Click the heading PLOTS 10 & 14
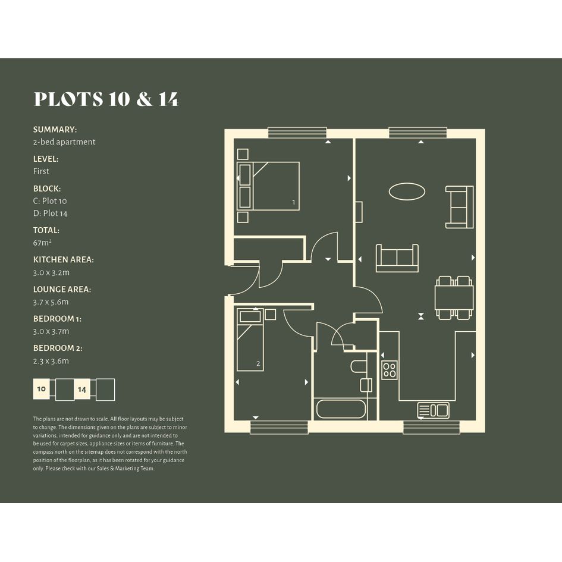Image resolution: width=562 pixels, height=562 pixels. (106, 99)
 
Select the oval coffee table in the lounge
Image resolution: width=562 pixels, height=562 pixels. (407, 191)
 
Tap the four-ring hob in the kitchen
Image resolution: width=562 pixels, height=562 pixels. (390, 370)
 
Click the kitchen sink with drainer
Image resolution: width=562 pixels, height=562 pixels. (434, 410)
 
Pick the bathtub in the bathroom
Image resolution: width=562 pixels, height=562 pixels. (341, 409)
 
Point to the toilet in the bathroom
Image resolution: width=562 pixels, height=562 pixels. (359, 366)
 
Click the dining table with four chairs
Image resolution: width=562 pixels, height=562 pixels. (454, 297)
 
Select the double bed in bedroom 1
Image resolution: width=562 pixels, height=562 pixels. (268, 186)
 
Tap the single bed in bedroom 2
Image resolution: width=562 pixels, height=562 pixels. (250, 340)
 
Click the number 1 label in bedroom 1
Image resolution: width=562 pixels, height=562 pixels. (294, 202)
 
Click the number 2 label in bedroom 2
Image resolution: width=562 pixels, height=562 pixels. (258, 364)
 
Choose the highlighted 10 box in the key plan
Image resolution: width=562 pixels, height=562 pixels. (42, 389)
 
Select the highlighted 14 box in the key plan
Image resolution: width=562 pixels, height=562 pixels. (82, 390)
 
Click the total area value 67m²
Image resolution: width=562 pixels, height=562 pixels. (42, 243)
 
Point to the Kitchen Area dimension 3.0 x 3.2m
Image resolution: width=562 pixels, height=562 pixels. (51, 272)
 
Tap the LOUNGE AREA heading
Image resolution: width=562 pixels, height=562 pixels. (62, 289)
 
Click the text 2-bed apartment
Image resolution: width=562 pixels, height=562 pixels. (64, 142)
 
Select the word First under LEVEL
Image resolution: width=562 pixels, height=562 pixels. (41, 171)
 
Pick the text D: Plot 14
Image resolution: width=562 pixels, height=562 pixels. (50, 214)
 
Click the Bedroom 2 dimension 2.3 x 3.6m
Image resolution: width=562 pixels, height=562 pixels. (51, 361)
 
